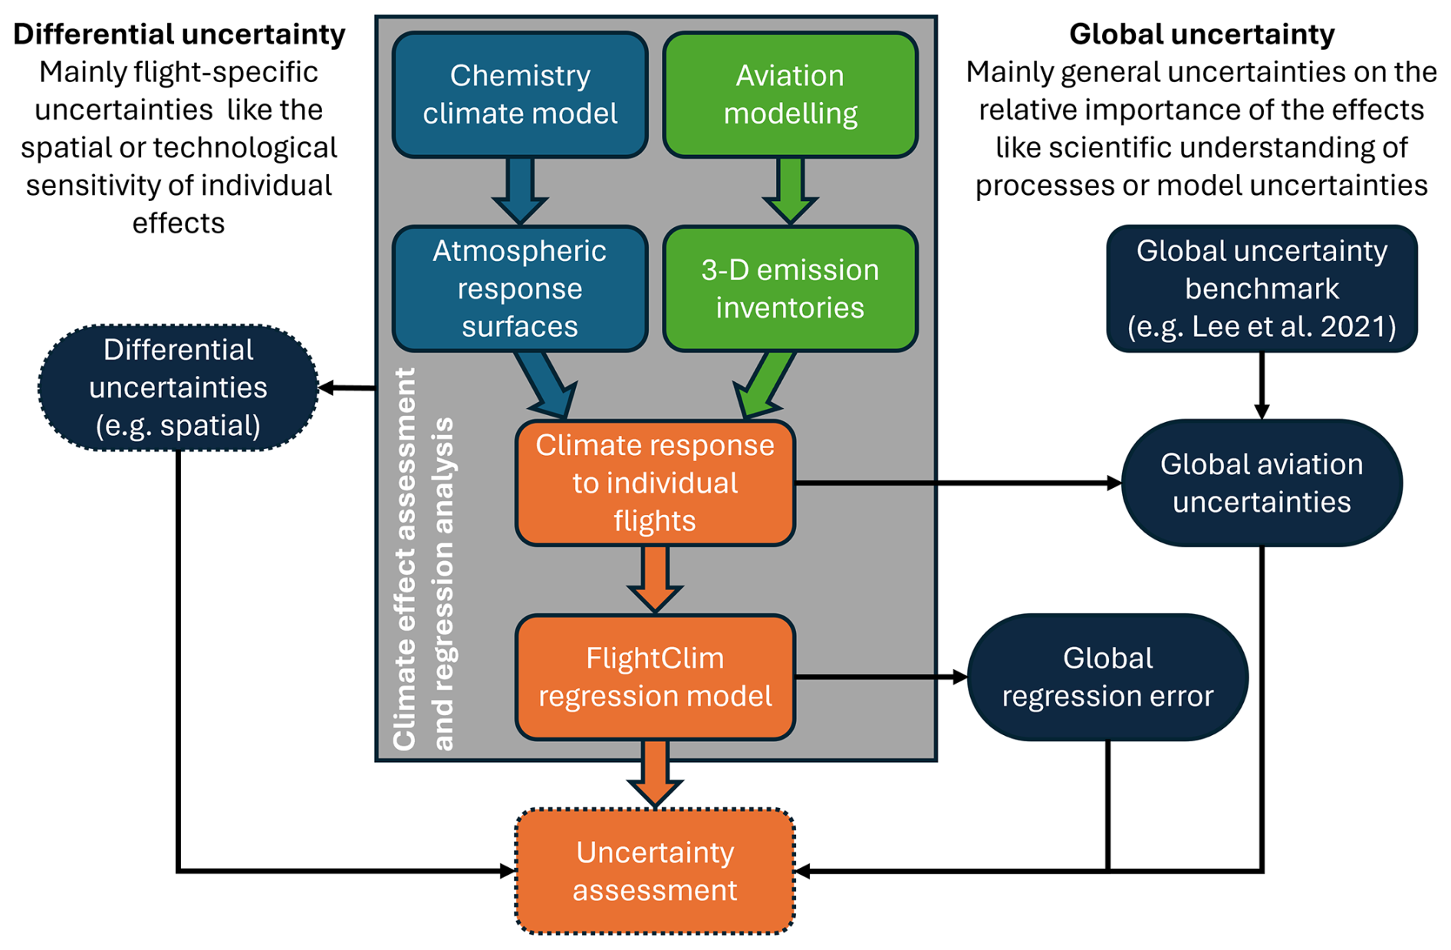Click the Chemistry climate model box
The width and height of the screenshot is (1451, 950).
tap(520, 94)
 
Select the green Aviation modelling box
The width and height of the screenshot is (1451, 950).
tap(790, 94)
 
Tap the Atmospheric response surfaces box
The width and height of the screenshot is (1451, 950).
tap(520, 289)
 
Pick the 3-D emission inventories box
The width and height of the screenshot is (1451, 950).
tap(790, 289)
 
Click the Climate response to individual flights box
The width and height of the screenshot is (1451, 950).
tap(655, 483)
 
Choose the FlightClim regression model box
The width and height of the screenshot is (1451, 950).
tap(655, 677)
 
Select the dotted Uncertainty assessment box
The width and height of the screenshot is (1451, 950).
tap(655, 871)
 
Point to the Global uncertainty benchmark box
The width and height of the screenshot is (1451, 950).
tap(1262, 289)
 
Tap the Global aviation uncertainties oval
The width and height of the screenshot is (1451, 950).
tap(1262, 483)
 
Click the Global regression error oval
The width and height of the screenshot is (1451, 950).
tap(1107, 677)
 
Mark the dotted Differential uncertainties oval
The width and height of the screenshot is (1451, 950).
tap(178, 388)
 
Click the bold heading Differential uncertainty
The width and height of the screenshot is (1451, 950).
tap(179, 35)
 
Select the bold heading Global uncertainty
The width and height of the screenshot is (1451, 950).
tap(1202, 35)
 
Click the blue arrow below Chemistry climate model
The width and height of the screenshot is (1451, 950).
tap(520, 192)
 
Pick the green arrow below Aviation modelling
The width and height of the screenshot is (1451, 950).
tap(790, 192)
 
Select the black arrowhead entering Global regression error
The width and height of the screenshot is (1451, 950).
tap(959, 677)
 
